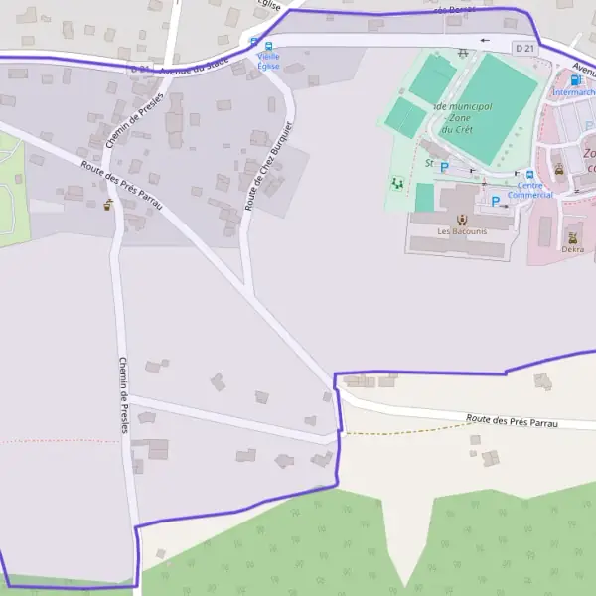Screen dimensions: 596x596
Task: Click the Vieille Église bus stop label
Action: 267,61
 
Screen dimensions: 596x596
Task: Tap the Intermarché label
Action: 573,92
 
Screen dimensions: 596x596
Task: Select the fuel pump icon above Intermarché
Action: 575,78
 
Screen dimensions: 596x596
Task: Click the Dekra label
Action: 572,249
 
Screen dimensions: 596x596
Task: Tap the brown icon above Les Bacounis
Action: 460,219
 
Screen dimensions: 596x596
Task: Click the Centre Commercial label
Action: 529,190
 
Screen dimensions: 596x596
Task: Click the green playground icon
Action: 397,184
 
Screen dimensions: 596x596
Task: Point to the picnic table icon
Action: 464,53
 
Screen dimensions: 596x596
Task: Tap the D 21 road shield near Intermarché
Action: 525,48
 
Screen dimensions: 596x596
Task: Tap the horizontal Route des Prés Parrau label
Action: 512,421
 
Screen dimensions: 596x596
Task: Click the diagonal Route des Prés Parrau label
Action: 121,185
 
